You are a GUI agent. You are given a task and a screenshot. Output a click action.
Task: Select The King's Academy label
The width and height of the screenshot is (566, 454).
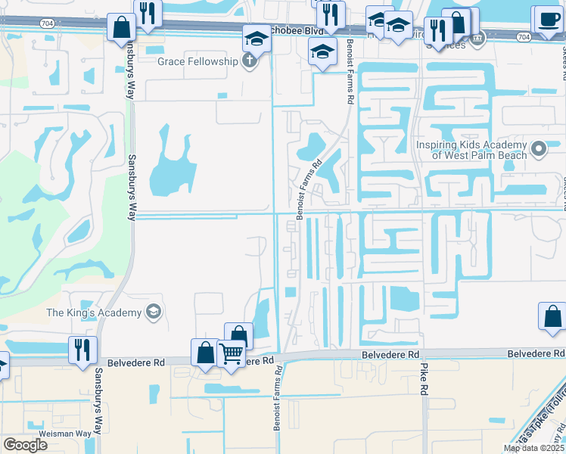pyautogui.click(x=94, y=313)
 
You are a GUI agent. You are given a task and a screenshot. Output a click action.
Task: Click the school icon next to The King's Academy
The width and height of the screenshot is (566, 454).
pyautogui.click(x=153, y=312)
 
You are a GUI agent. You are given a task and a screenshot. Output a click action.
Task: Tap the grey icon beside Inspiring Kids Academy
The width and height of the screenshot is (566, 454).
pyautogui.click(x=538, y=148)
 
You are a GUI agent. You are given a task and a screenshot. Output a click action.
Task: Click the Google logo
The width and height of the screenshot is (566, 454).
pyautogui.click(x=26, y=445)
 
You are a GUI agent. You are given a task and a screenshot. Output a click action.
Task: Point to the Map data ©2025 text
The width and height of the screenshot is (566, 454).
pyautogui.click(x=533, y=448)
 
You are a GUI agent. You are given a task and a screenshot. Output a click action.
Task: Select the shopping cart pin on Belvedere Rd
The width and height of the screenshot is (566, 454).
pyautogui.click(x=231, y=353)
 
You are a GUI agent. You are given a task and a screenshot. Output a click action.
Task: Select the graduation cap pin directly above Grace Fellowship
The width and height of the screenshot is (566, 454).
pyautogui.click(x=257, y=38)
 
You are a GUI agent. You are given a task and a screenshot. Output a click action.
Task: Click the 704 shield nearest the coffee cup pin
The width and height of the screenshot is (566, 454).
pyautogui.click(x=524, y=36)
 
